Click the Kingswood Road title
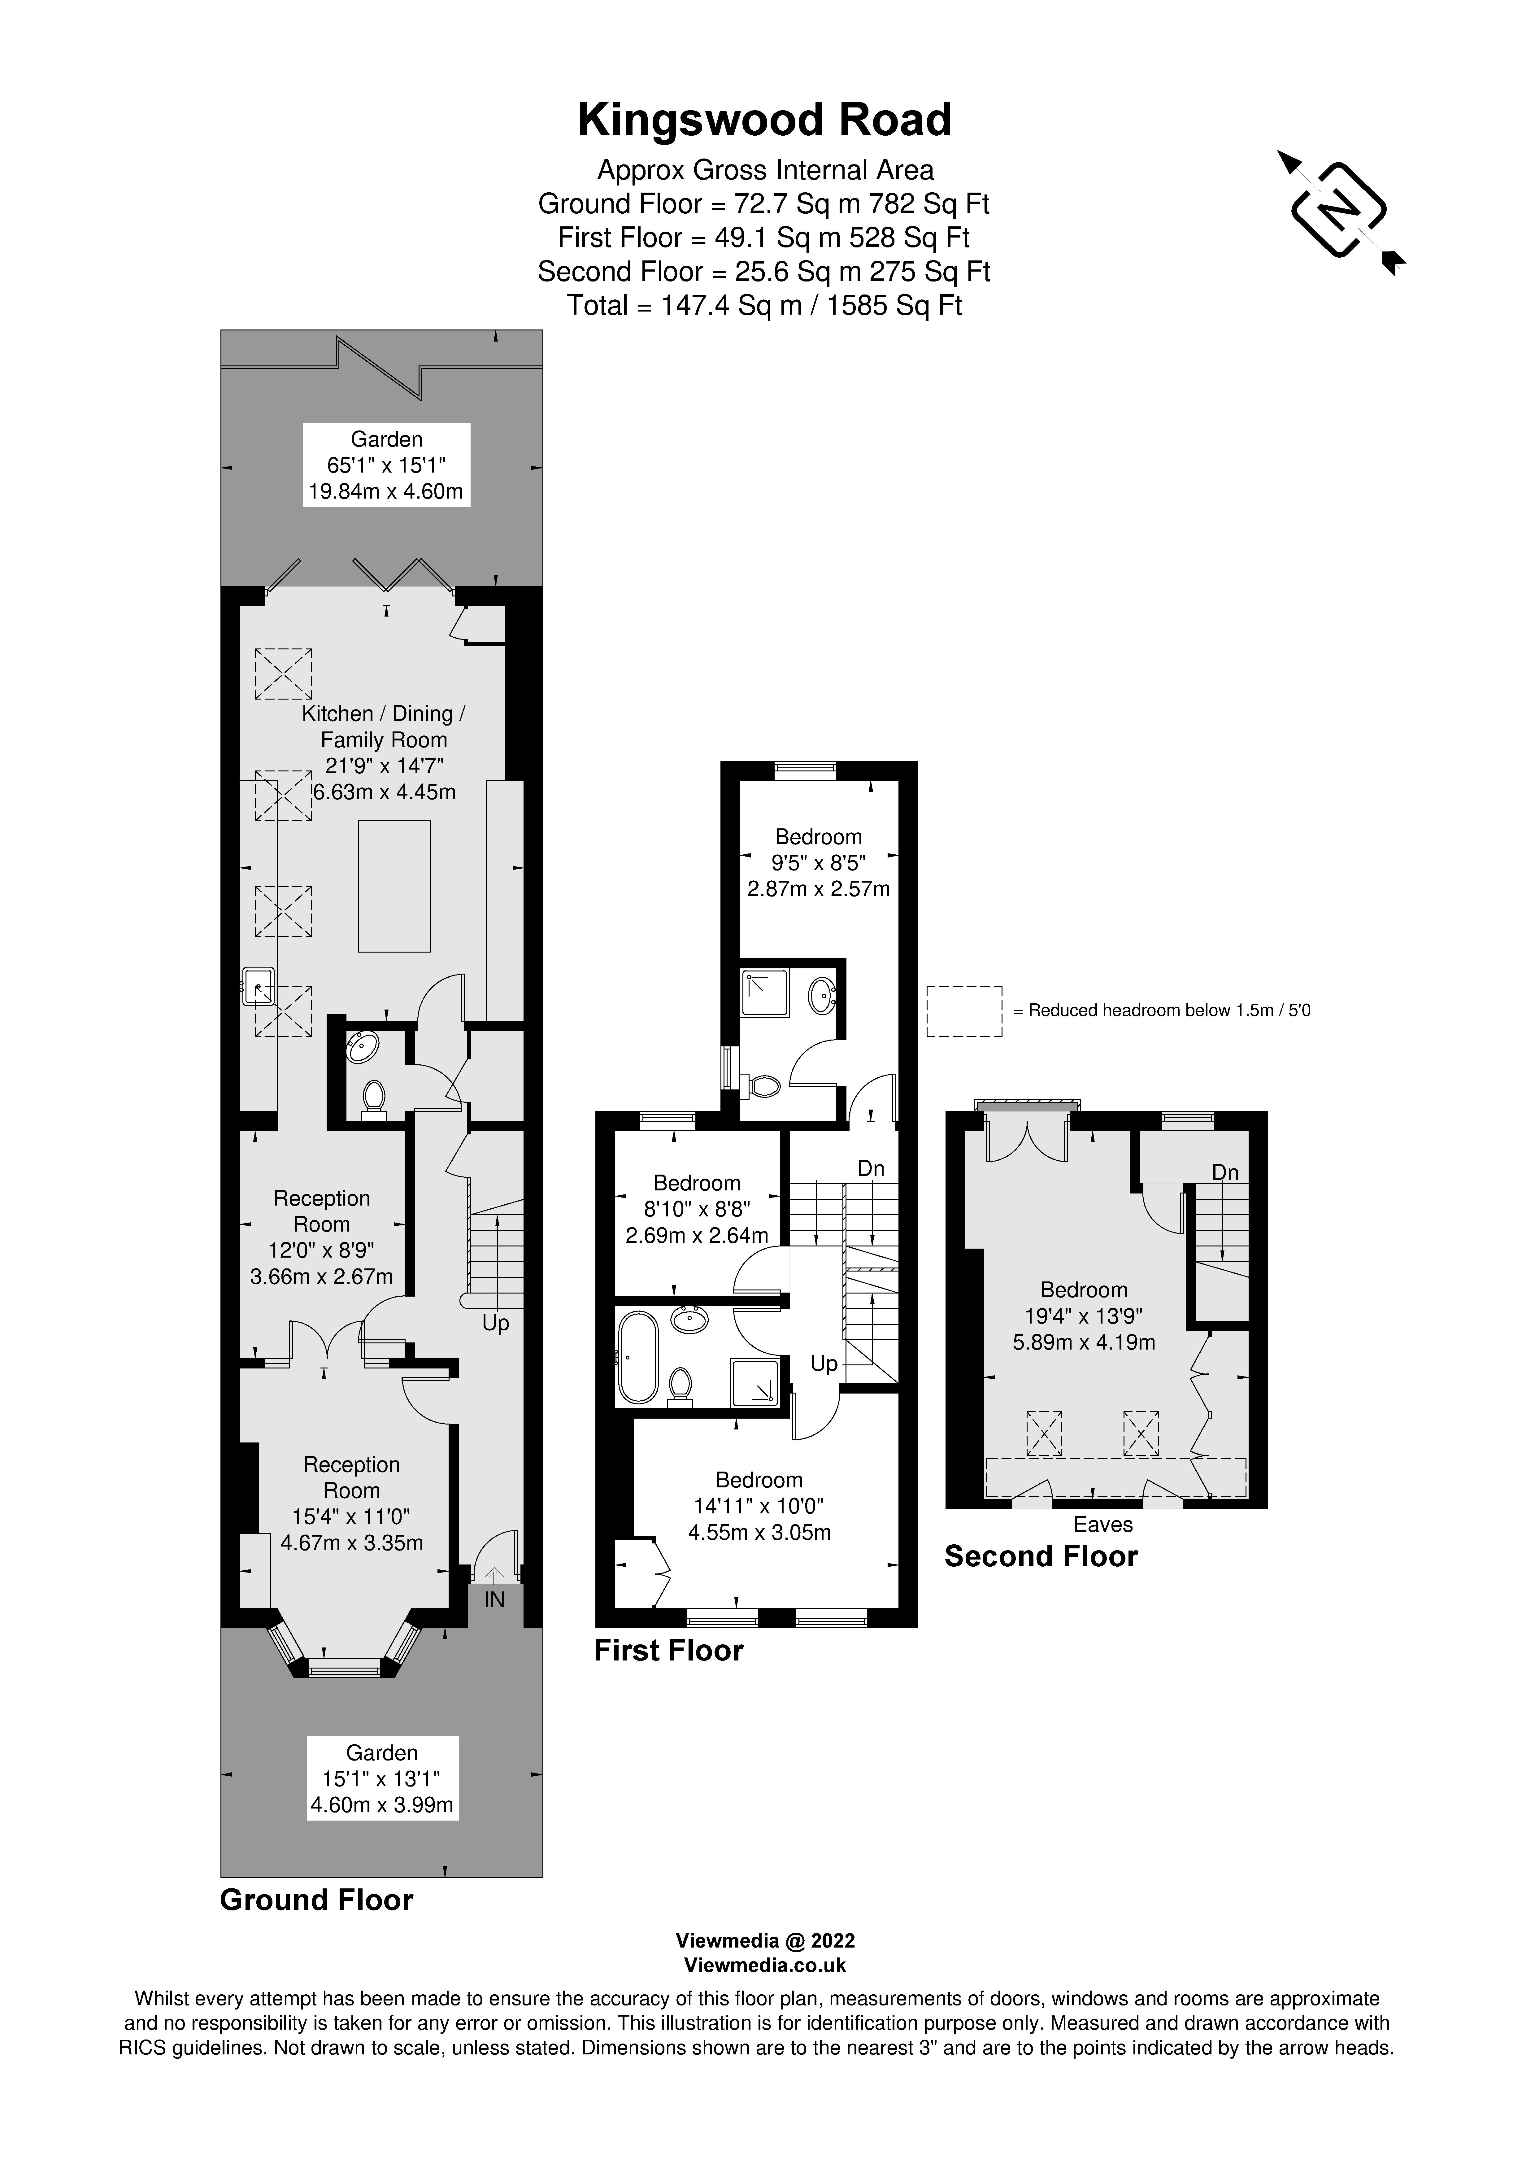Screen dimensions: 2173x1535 tap(765, 120)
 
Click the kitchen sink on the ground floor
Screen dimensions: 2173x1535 tap(257, 986)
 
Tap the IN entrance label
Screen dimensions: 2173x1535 tap(494, 1599)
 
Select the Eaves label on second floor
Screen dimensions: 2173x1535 tap(1102, 1524)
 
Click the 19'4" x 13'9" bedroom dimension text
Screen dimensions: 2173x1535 tap(1084, 1316)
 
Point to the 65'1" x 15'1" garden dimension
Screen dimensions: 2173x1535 tap(386, 465)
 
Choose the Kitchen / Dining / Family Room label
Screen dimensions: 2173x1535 tap(383, 727)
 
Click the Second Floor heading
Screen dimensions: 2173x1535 tap(1041, 1557)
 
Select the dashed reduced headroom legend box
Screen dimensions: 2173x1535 tap(963, 1011)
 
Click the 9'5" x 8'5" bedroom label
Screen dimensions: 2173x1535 tap(819, 862)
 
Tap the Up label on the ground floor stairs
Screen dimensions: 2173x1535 tap(495, 1323)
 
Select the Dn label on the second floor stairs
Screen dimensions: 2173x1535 tap(1224, 1173)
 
